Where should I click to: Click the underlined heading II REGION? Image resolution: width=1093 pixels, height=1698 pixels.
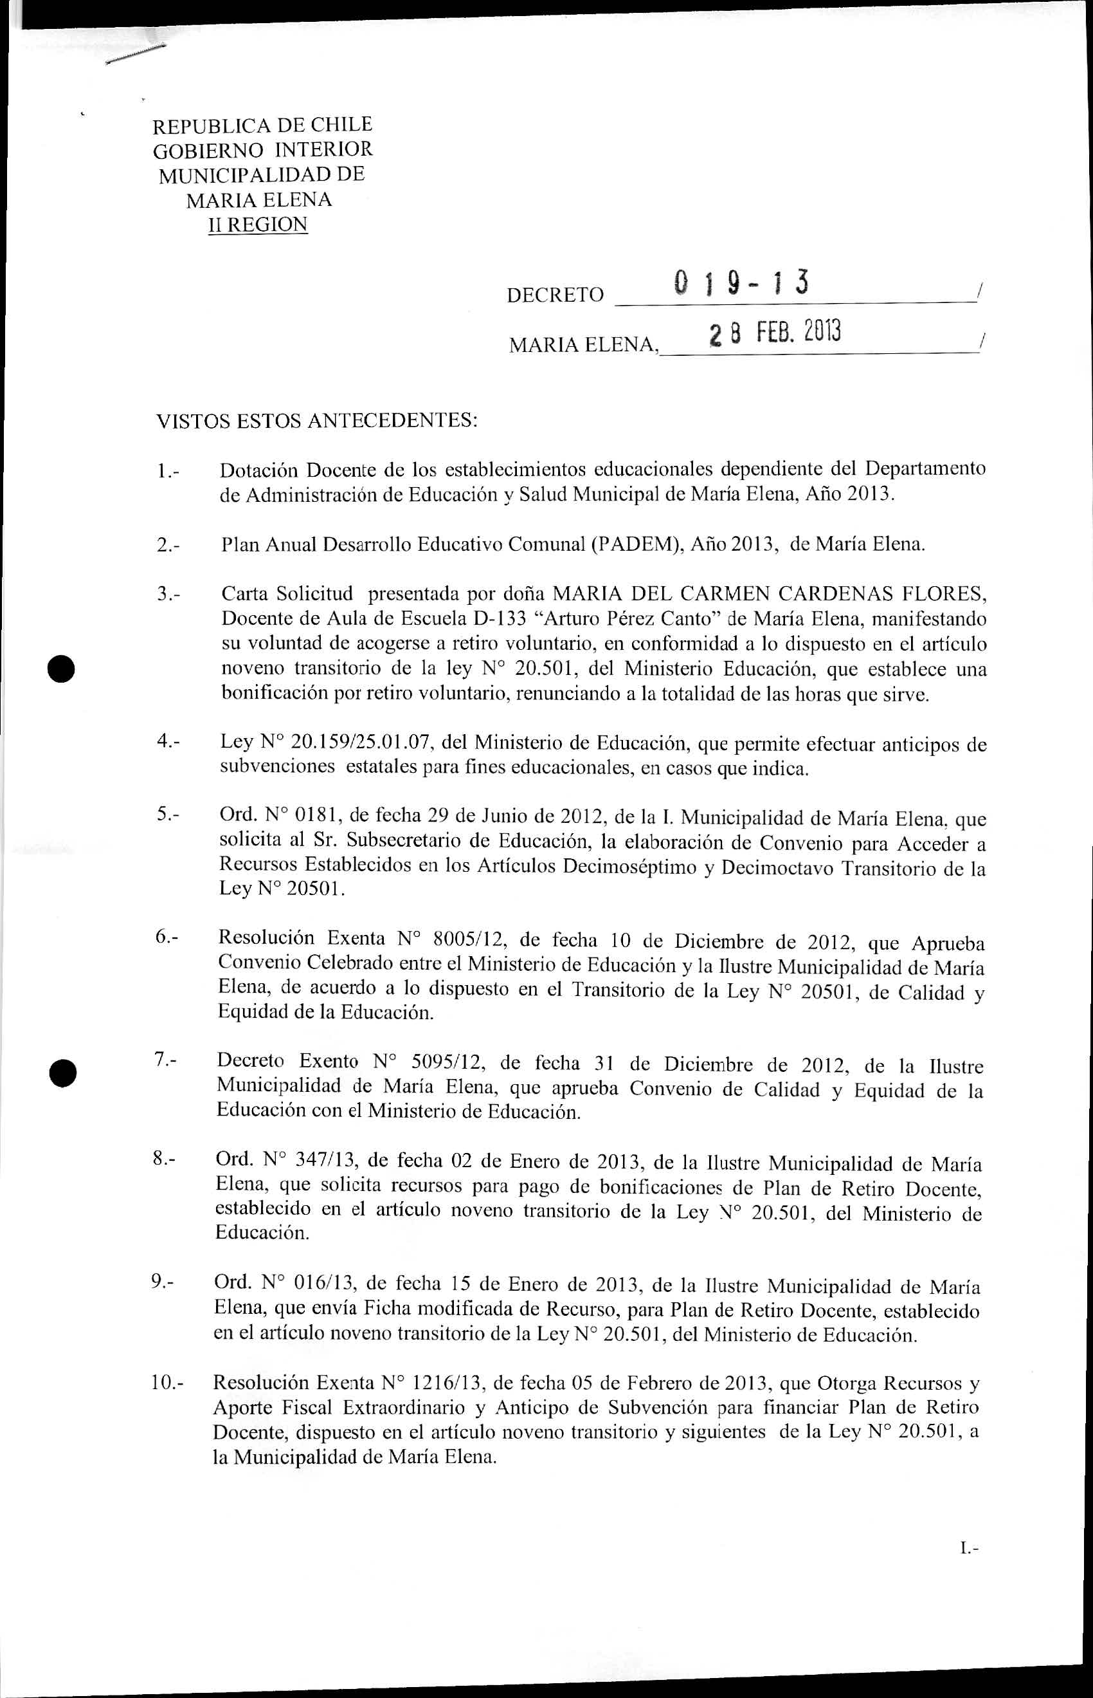258,225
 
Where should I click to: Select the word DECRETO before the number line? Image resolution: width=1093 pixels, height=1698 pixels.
555,295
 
